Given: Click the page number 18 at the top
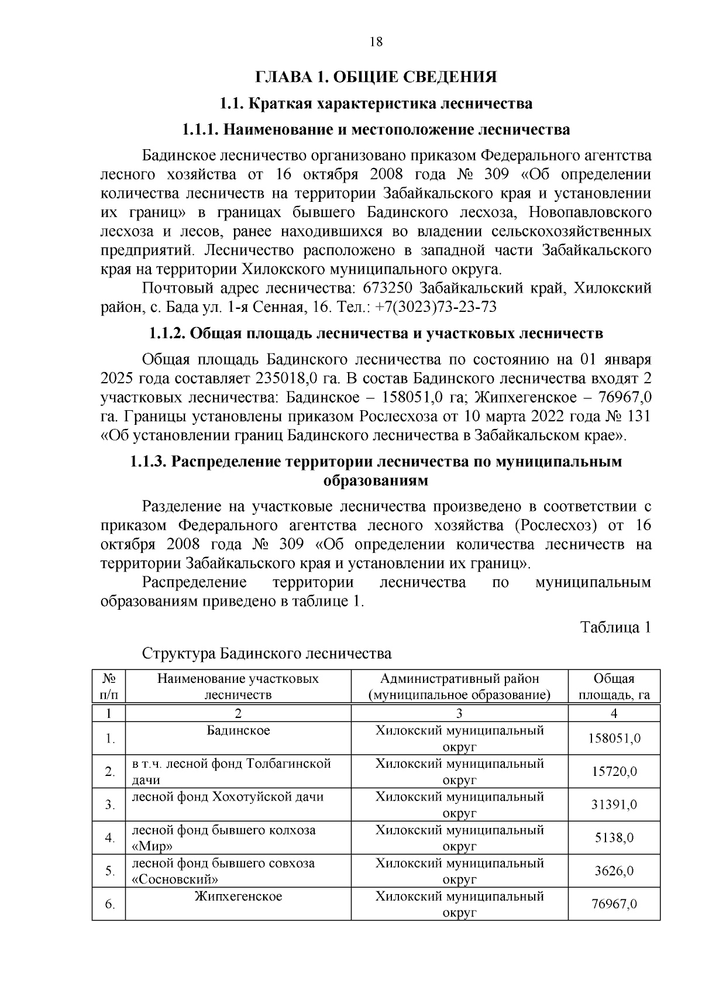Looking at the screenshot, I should [x=376, y=42].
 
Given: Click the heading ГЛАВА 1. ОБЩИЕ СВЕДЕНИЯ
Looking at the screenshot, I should [x=376, y=77].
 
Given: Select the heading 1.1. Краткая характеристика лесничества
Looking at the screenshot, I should [x=376, y=104].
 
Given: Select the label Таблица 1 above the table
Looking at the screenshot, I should [x=615, y=627].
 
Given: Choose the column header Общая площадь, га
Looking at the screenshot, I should [x=614, y=687].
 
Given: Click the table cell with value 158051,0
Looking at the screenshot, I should [x=614, y=738].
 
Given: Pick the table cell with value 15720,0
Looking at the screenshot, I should [x=614, y=772].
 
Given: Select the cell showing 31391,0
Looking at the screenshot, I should [x=614, y=805].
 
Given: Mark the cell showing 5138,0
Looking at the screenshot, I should [x=614, y=838].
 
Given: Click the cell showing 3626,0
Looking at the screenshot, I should [x=614, y=871].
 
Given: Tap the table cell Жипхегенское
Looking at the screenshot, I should [x=238, y=896].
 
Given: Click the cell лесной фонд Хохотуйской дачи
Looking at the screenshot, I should [x=228, y=797].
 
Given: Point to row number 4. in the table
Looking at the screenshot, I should [x=109, y=838].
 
